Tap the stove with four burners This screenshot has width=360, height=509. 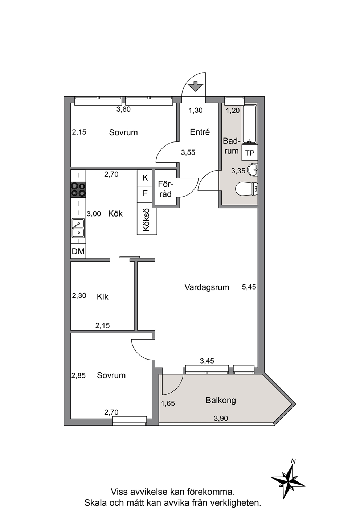coord(78,189)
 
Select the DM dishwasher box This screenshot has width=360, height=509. coord(78,251)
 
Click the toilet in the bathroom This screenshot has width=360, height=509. coord(247,189)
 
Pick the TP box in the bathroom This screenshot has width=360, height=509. coord(250,153)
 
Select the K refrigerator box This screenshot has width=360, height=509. coord(145,178)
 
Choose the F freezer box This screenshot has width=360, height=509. coord(145,194)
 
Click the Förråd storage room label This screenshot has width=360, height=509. coord(165,189)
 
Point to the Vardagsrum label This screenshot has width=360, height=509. coord(207,287)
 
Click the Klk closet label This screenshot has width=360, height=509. coord(102,297)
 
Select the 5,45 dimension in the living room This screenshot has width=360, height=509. coord(249,287)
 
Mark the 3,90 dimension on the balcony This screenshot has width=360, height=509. coord(221,418)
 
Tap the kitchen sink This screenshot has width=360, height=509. coord(78,228)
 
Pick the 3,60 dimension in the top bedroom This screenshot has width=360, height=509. coord(123,109)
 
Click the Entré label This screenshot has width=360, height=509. coord(200,132)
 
